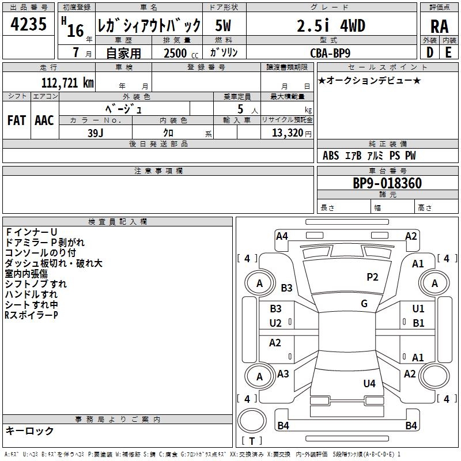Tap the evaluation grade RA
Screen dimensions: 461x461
(x=439, y=26)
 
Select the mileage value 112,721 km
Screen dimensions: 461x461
(x=68, y=83)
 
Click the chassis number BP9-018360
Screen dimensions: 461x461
(x=387, y=184)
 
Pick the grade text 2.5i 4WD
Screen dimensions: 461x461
(x=331, y=26)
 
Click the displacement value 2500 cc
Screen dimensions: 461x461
(x=179, y=53)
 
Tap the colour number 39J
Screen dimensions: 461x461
(x=96, y=132)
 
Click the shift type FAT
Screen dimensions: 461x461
(x=17, y=120)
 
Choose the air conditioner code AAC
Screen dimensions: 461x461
(x=44, y=120)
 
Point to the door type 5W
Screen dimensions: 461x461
(x=224, y=26)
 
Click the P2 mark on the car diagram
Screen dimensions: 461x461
(x=372, y=277)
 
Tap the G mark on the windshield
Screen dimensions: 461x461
(x=364, y=304)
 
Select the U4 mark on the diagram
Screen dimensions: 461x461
(x=369, y=383)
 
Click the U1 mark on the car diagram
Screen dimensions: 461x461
(x=418, y=309)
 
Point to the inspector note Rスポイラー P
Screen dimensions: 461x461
(x=31, y=315)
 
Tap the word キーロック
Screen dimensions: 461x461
(x=30, y=431)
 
